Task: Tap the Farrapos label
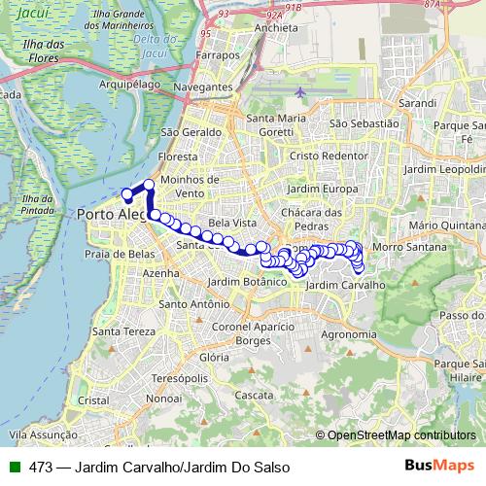217,55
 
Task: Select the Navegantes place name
203,87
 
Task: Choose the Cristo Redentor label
330,155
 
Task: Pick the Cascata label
255,396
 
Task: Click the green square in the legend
15,467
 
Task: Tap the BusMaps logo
440,467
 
